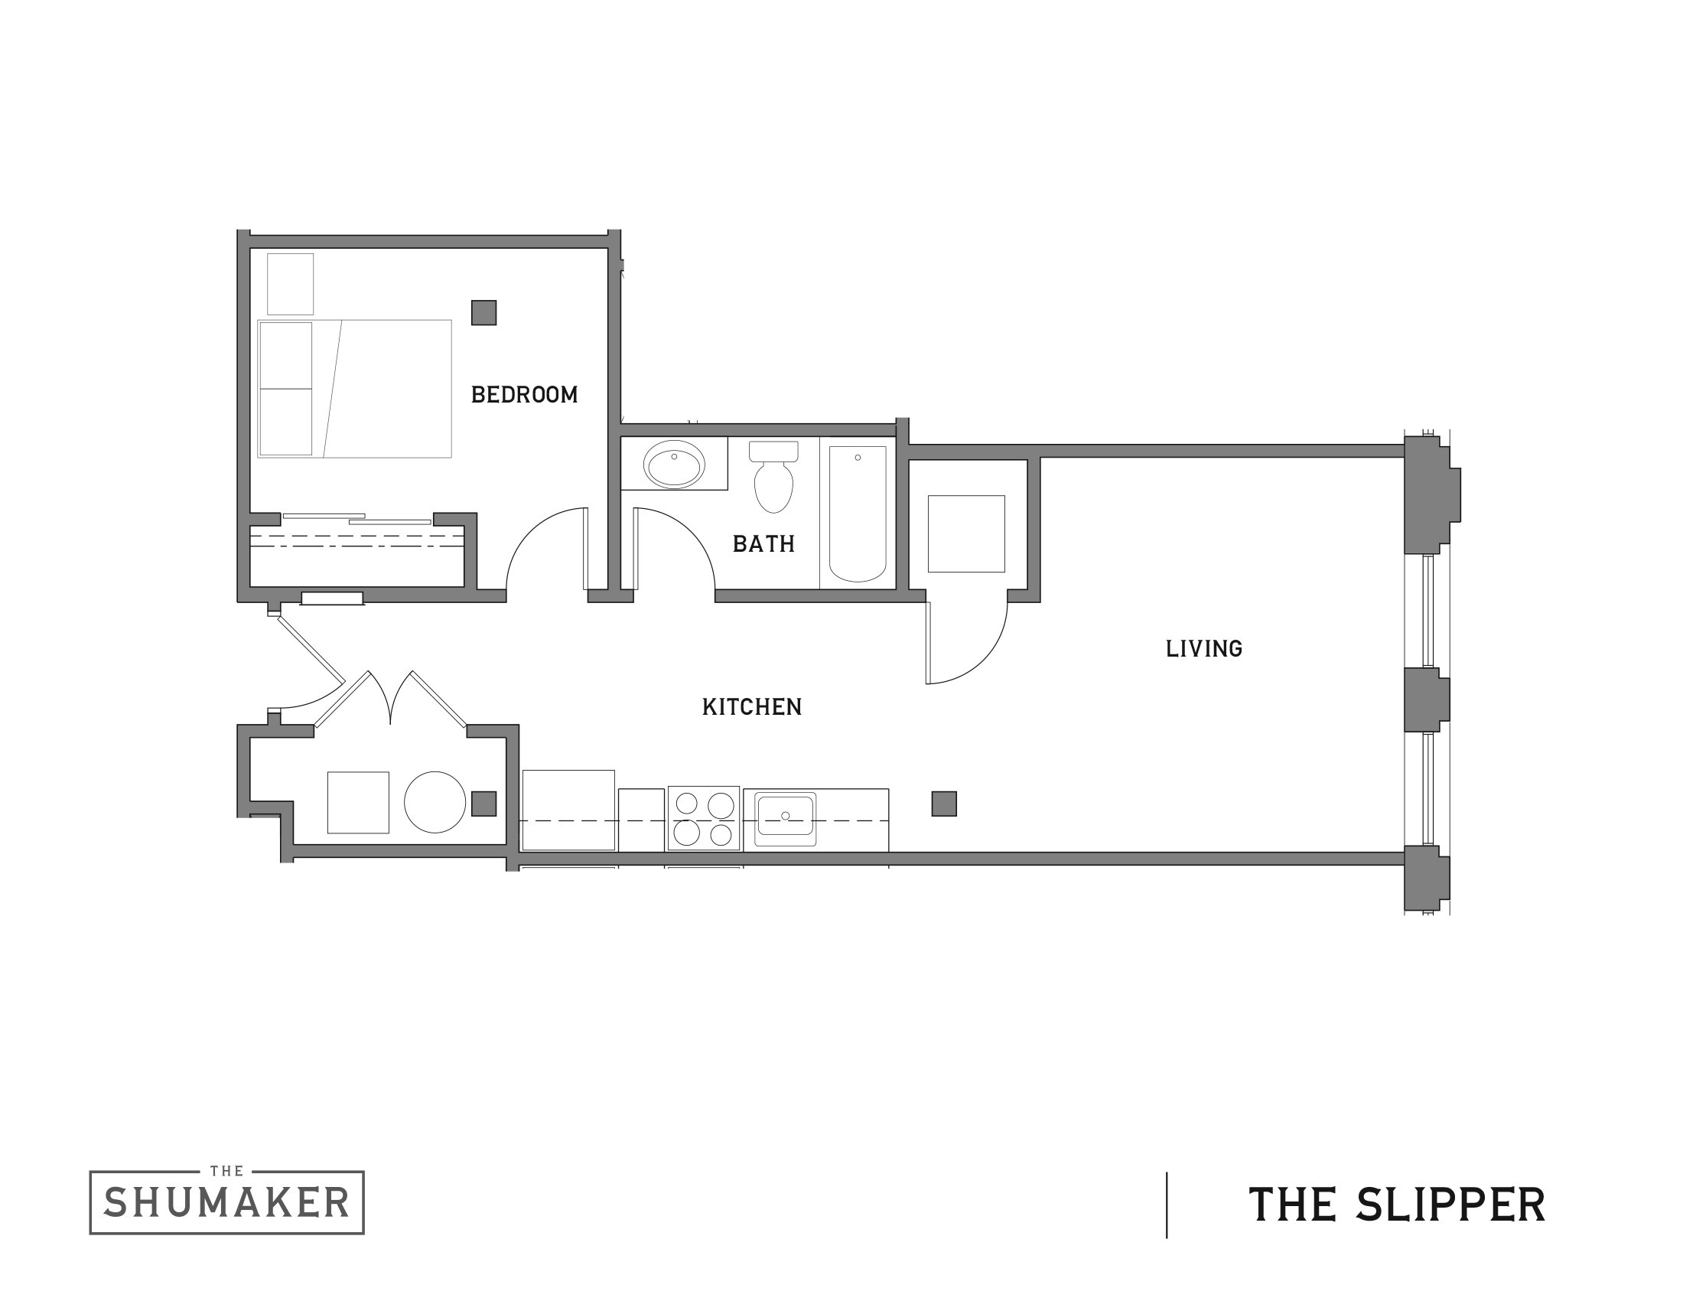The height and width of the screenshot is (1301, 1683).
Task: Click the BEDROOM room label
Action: coord(524,395)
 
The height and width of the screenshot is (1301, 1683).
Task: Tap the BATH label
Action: coord(763,544)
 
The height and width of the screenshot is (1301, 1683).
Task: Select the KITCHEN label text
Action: coord(751,707)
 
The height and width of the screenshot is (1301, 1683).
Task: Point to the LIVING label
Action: coord(1203,649)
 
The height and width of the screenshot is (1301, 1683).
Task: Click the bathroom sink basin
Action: coord(674,465)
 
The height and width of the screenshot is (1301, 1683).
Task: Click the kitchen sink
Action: coord(785,817)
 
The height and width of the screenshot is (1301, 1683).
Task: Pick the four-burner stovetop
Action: coord(704,818)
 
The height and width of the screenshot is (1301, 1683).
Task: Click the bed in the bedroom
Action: coord(354,389)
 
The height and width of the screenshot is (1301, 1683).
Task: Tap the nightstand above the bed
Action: coord(291,284)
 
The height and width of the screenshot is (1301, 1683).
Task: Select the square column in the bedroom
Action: coord(484,312)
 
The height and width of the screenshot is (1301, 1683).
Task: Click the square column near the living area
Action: coord(944,804)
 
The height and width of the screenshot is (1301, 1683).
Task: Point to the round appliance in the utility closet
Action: coord(435,802)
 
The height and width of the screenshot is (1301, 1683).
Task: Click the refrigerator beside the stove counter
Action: coord(568,809)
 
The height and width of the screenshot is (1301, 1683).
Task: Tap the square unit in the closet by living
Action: coord(966,533)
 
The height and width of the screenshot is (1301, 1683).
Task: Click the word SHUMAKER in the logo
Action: coord(226,1203)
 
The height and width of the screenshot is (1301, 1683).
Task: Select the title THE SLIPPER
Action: coord(1396,1204)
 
